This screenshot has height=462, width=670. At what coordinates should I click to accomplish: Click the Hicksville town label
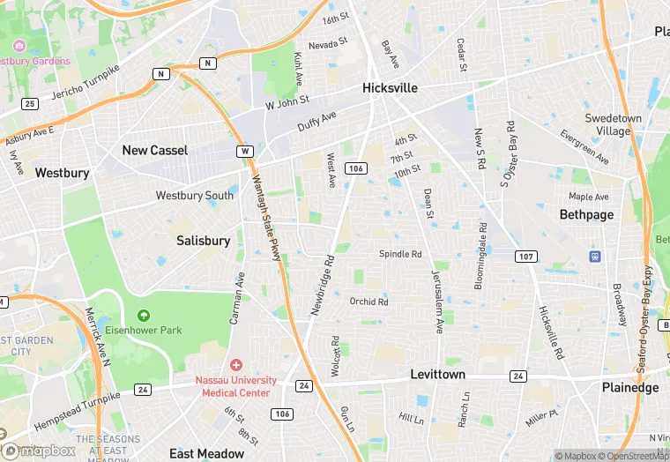click(390, 88)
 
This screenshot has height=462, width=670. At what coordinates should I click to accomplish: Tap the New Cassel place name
click(154, 150)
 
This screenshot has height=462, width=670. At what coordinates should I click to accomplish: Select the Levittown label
click(437, 375)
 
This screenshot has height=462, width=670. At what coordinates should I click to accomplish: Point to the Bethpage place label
click(585, 214)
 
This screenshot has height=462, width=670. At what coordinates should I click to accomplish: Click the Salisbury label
click(203, 241)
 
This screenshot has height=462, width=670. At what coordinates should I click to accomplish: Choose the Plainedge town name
click(629, 388)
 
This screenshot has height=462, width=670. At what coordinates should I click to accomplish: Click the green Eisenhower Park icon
click(143, 315)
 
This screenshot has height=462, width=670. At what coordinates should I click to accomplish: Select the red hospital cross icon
click(235, 365)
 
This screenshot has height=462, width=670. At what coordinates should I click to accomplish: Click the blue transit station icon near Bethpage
click(596, 257)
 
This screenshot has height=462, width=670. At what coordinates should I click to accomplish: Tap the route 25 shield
click(30, 104)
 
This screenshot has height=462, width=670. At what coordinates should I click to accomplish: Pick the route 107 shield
click(525, 257)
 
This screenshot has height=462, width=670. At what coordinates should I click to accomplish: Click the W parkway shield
click(244, 152)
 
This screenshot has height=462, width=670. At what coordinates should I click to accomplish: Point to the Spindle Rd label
click(400, 254)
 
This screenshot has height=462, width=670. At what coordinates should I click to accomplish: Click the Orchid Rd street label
click(368, 302)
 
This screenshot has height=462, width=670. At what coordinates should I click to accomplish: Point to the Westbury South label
click(195, 195)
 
